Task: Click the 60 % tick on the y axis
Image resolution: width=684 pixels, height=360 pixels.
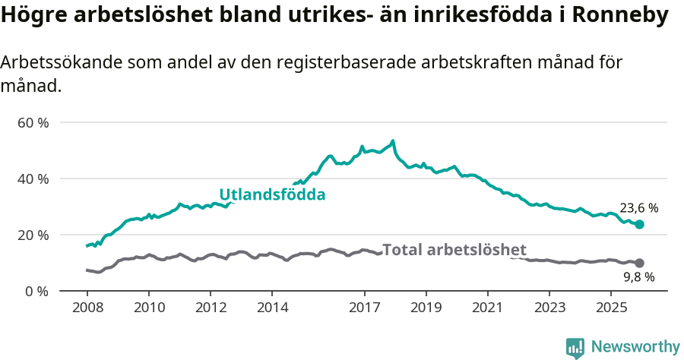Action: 33,122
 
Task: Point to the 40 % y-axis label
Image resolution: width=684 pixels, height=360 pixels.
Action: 33,178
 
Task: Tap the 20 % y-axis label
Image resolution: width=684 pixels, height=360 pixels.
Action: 33,235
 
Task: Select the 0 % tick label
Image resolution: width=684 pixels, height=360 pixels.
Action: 36,291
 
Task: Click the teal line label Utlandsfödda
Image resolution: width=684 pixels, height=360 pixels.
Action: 272,194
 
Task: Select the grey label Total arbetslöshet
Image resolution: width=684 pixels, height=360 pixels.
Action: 454,249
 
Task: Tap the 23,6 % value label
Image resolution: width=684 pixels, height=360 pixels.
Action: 638,207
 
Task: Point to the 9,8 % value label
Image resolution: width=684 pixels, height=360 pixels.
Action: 638,277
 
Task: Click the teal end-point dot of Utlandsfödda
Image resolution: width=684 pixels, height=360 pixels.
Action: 639,224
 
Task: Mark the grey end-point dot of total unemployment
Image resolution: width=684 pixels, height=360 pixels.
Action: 639,263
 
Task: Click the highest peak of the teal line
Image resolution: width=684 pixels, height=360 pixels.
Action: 393,141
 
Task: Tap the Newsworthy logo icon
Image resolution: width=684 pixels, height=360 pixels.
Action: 575,347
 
